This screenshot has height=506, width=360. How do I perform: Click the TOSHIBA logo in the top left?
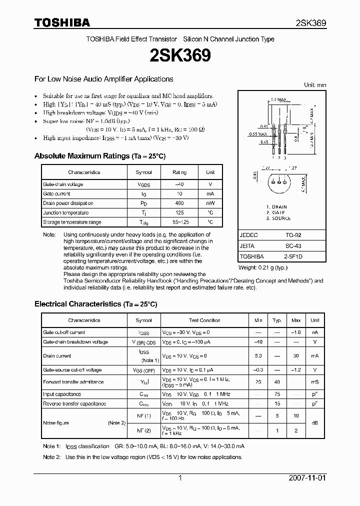pyautogui.click(x=62, y=22)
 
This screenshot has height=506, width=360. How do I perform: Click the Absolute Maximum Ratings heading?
pyautogui.click(x=99, y=156)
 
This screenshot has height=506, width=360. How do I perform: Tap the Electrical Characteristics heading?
pyautogui.click(x=95, y=304)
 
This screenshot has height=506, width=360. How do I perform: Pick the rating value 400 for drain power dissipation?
pyautogui.click(x=179, y=203)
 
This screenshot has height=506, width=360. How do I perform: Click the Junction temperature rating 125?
pyautogui.click(x=179, y=212)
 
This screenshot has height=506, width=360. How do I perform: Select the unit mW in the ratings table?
pyautogui.click(x=210, y=203)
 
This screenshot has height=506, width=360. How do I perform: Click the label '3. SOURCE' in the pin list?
pyautogui.click(x=278, y=218)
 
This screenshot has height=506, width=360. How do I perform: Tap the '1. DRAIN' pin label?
pyautogui.click(x=276, y=206)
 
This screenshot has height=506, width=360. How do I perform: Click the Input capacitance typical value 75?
pyautogui.click(x=276, y=394)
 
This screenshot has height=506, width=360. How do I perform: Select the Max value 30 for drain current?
pyautogui.click(x=296, y=356)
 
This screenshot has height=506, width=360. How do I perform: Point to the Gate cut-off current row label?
pyautogui.click(x=64, y=332)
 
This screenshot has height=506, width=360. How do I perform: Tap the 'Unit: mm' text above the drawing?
pyautogui.click(x=315, y=85)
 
